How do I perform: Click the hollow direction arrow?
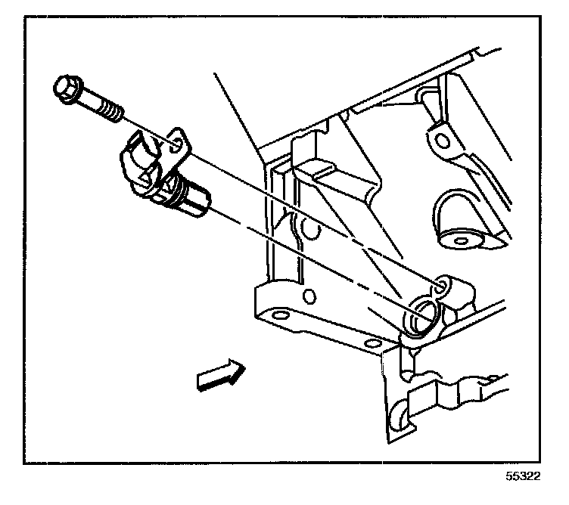(219, 375)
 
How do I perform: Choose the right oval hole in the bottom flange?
(371, 344)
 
